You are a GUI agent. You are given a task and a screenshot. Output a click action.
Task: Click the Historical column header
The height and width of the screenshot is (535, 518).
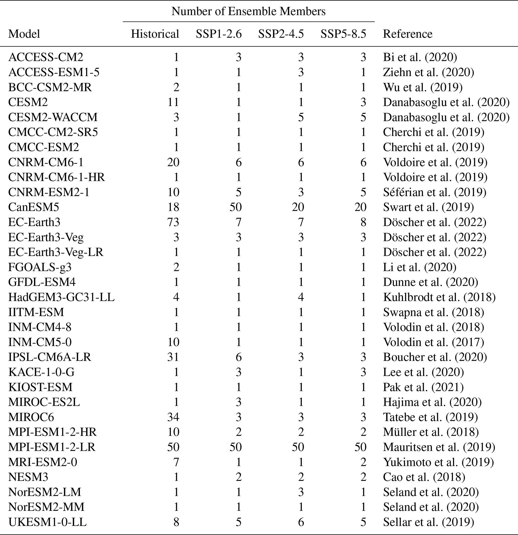click(155, 34)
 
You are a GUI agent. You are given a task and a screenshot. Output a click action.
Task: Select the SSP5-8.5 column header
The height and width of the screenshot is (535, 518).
click(343, 34)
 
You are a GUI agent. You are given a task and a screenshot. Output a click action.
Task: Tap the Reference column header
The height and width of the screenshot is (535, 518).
click(407, 34)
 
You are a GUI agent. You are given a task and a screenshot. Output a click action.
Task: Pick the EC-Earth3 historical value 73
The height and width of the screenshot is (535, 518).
click(173, 222)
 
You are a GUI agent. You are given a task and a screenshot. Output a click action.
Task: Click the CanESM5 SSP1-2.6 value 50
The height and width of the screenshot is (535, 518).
click(235, 207)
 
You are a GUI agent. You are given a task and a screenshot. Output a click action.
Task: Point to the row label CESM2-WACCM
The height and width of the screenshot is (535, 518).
click(53, 117)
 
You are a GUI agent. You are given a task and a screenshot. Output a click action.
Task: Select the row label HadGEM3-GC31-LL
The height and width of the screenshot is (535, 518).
click(61, 297)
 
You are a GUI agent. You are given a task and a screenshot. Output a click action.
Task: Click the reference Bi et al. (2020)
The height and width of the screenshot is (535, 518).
click(420, 57)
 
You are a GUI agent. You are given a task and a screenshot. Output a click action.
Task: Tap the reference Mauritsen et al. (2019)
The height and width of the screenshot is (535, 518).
click(439, 447)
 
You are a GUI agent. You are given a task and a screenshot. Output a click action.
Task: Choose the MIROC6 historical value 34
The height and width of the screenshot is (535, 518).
click(173, 417)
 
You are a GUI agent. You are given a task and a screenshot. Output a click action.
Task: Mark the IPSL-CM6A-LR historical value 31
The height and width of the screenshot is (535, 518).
click(173, 357)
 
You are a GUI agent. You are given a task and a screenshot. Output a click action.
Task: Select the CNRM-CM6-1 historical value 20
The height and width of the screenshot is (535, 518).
click(173, 162)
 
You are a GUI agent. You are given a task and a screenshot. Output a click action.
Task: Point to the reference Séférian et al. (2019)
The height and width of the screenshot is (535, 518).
click(435, 192)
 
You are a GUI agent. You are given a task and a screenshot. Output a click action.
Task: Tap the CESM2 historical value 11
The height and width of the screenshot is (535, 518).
click(173, 102)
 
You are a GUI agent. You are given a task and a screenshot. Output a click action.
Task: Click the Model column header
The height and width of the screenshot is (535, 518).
click(24, 34)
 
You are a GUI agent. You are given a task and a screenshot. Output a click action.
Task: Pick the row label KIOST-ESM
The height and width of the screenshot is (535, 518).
click(40, 387)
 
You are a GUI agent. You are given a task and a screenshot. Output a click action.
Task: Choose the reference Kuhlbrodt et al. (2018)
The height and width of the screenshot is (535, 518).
click(439, 297)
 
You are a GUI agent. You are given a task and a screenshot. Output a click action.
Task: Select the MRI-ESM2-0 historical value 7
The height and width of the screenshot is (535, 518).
click(176, 462)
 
